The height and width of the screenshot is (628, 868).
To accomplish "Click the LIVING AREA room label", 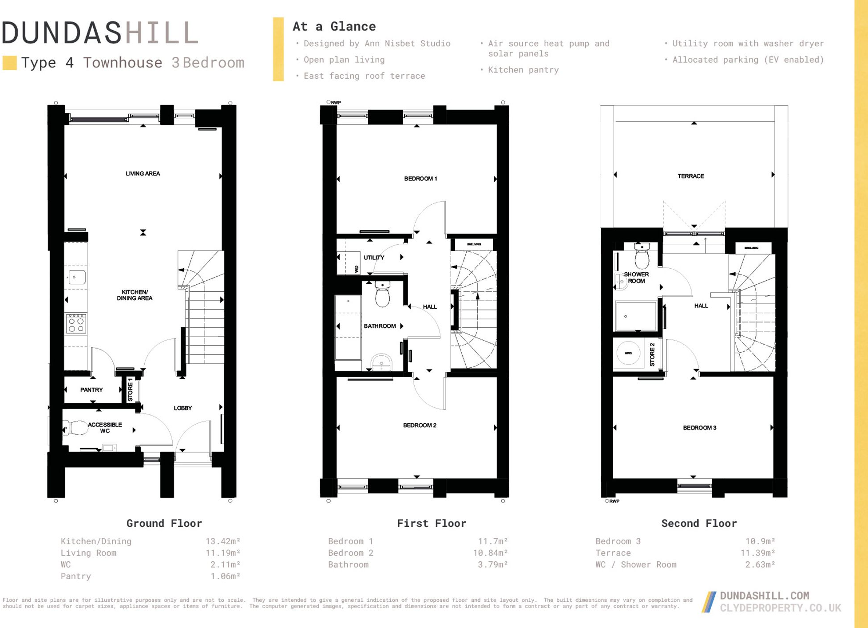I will pyautogui.click(x=143, y=174).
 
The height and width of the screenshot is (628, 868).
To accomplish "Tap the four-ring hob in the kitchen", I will pyautogui.click(x=76, y=324).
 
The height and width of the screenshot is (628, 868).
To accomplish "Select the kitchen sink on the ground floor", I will pyautogui.click(x=76, y=277).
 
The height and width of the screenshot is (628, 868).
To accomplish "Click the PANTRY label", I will pyautogui.click(x=91, y=390).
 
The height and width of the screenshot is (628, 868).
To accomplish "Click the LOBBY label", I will pyautogui.click(x=182, y=408).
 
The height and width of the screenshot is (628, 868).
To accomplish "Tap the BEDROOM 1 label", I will pyautogui.click(x=420, y=179).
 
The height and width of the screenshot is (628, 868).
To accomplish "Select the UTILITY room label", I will pyautogui.click(x=374, y=258).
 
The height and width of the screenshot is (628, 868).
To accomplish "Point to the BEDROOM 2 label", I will pyautogui.click(x=420, y=425).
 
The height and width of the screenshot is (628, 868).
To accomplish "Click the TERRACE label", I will pyautogui.click(x=690, y=176).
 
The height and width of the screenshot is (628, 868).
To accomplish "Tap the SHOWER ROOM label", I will pyautogui.click(x=636, y=278).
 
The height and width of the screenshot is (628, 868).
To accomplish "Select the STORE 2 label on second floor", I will pyautogui.click(x=652, y=354).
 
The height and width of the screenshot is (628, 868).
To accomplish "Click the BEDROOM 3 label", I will pyautogui.click(x=699, y=428).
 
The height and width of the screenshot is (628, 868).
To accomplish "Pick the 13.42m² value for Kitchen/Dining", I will pyautogui.click(x=222, y=541).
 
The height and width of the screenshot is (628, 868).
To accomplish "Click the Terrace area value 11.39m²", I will pyautogui.click(x=757, y=553).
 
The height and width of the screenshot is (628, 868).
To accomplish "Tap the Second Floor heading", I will pyautogui.click(x=698, y=524).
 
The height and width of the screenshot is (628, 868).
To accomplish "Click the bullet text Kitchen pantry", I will pyautogui.click(x=523, y=70).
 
